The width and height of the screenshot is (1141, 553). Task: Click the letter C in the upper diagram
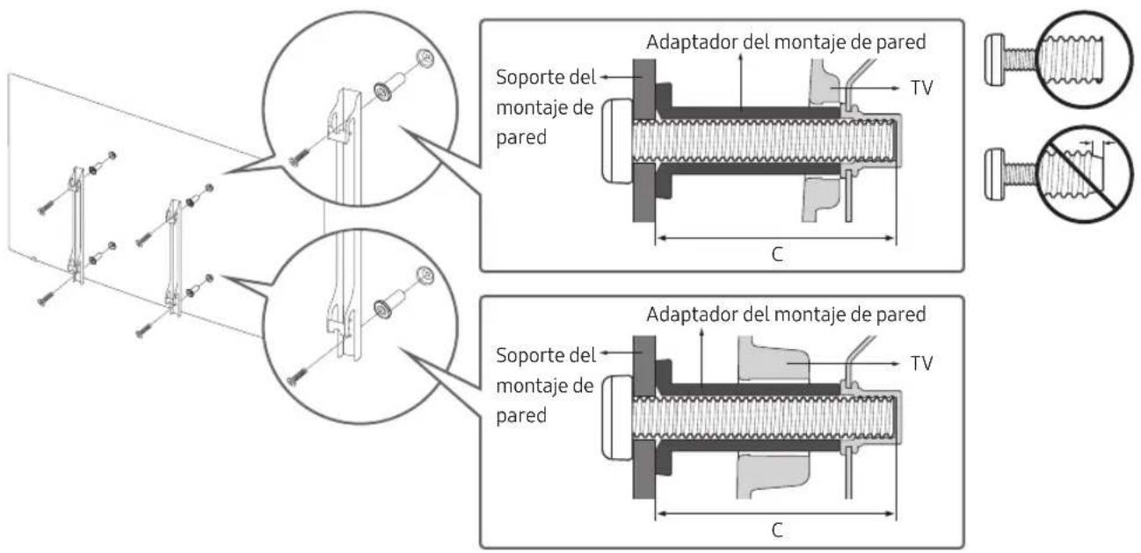coord(777,254)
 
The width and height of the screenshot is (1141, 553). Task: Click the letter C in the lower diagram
coord(777,530)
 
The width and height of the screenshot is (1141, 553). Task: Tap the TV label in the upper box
coord(921,88)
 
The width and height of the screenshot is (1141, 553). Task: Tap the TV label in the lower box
coord(921,363)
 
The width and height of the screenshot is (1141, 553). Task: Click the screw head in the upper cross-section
coord(617,141)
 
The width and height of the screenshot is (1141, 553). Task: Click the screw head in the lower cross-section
coord(617,418)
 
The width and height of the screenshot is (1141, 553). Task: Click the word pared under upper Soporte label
coord(521,138)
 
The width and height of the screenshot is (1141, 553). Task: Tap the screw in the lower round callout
coord(297,376)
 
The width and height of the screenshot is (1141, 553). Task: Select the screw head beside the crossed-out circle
coord(994,174)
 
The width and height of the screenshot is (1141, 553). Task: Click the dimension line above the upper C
coord(775,237)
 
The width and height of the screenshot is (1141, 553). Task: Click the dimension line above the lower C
coord(775,513)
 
